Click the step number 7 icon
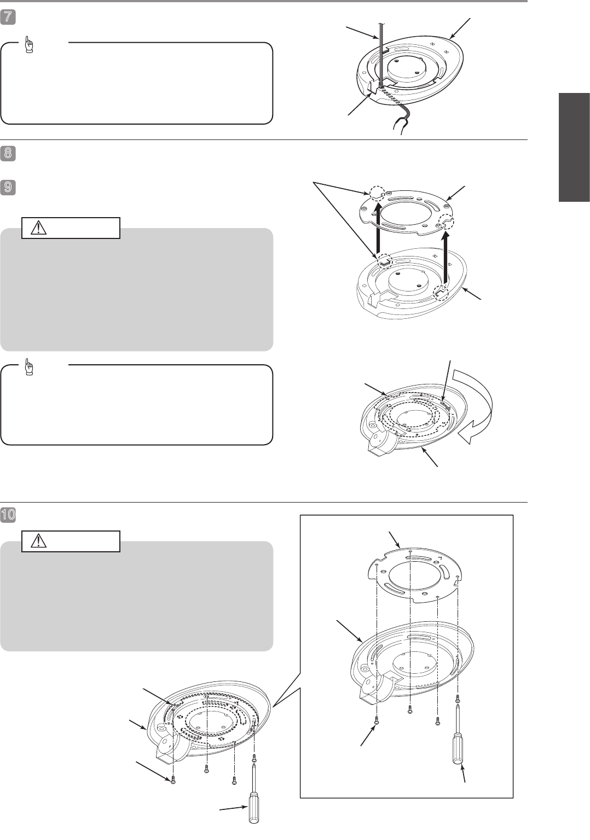click(x=8, y=17)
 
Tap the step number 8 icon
click(x=8, y=154)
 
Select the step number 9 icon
click(x=8, y=187)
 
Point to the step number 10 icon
click(x=8, y=515)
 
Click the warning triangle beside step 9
click(x=39, y=227)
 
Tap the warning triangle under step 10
click(x=39, y=541)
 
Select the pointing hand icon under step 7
click(x=28, y=45)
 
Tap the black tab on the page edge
click(x=574, y=147)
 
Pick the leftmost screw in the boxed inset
click(x=377, y=720)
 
